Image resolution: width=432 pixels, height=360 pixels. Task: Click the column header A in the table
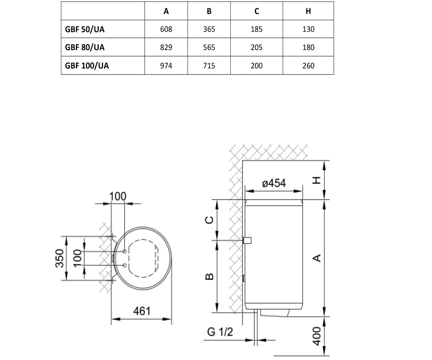coord(166,11)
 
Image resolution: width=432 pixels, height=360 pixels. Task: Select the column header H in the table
coord(308,11)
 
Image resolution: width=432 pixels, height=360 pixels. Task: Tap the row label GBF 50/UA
coord(85,30)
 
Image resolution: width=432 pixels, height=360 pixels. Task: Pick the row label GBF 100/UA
coord(87,66)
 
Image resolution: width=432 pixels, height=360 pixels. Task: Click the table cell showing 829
coord(166,48)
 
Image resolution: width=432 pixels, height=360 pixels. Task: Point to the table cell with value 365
coord(209,29)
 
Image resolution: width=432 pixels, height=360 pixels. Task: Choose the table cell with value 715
coord(209,66)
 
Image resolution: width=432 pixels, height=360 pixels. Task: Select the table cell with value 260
coord(308,66)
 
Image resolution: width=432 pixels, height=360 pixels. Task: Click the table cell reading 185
coord(257,29)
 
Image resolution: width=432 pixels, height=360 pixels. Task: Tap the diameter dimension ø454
coord(274,183)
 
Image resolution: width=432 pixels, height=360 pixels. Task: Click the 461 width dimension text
coord(142,311)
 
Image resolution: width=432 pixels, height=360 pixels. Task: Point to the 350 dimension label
coord(60,258)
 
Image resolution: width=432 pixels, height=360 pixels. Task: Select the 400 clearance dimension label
coord(316,336)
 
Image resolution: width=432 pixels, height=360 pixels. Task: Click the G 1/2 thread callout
coord(220,332)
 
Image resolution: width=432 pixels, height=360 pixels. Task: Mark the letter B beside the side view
coord(209,276)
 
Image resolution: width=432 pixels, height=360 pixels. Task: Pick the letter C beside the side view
coord(209,220)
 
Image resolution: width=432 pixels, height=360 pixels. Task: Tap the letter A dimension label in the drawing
coord(316,258)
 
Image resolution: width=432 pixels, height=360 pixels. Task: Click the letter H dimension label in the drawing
coord(316,180)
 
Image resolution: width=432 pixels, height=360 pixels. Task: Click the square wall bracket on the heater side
coord(247,240)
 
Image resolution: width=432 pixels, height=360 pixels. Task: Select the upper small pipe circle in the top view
coord(125,251)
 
